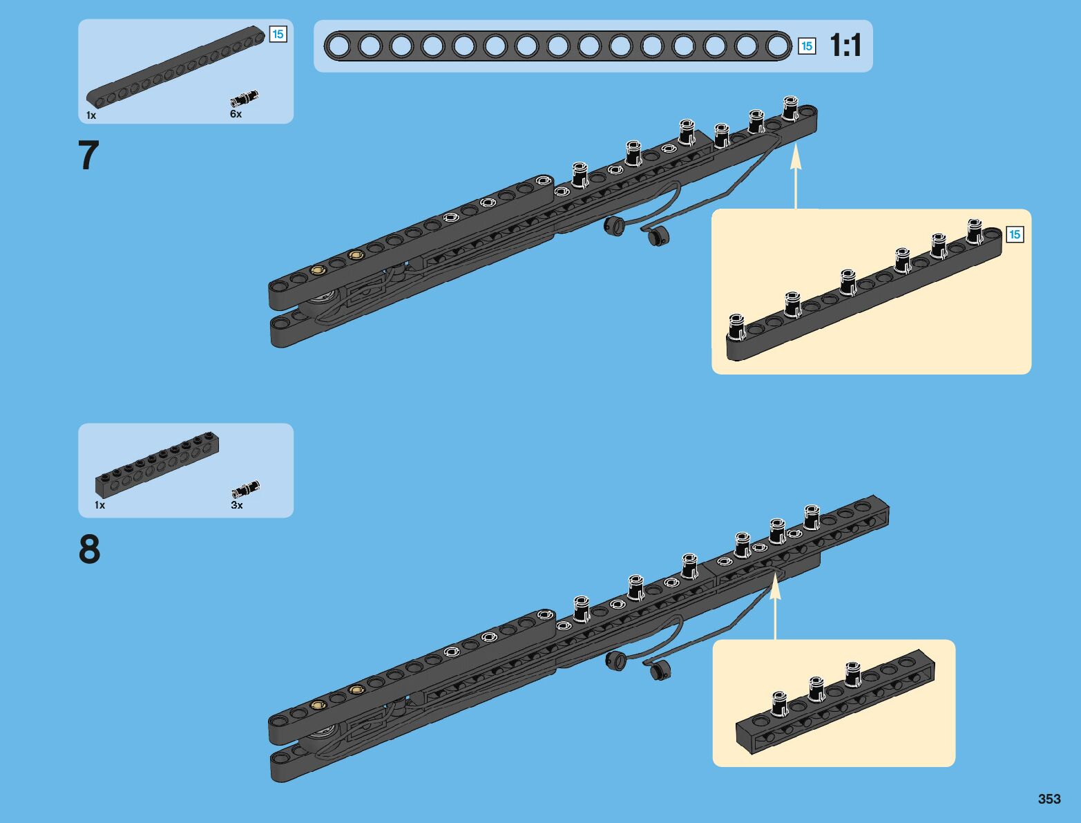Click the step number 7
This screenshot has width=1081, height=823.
pos(89,155)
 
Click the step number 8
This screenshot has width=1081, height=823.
pos(90,550)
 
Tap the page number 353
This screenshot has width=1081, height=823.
pos(1049,799)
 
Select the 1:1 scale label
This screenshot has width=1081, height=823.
pos(845,46)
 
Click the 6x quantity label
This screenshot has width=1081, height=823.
pos(236,114)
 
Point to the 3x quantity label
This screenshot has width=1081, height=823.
pos(237,505)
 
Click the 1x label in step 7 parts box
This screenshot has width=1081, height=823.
pos(91,115)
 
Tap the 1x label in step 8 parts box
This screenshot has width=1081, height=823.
pos(100,505)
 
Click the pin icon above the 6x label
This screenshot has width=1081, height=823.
pos(245,98)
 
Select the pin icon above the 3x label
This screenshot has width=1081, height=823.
pos(245,489)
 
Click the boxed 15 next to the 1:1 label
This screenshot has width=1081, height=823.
pos(806,46)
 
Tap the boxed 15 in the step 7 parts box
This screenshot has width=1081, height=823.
pos(278,34)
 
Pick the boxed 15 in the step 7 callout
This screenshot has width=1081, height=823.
pos(1014,234)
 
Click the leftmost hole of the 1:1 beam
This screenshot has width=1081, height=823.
pos(338,46)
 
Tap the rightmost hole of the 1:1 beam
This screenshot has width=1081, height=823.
pos(778,46)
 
